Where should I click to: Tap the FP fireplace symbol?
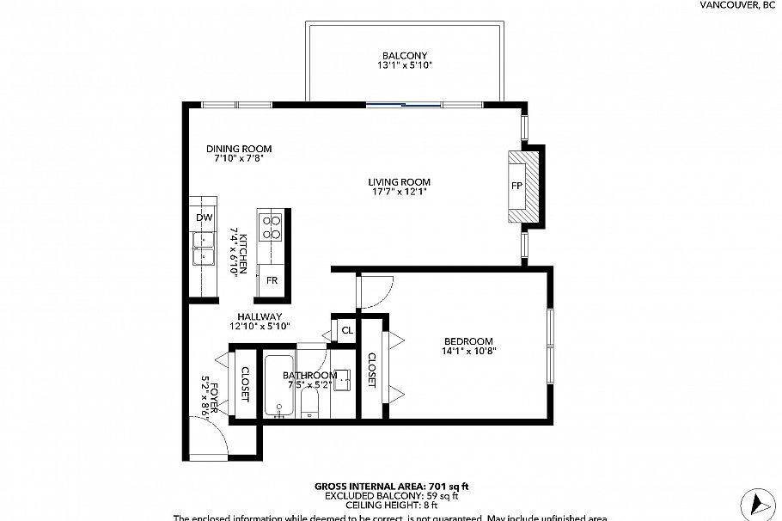tap(517, 187)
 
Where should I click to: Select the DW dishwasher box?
tap(204, 218)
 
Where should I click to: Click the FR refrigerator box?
tap(272, 280)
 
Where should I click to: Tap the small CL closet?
tap(346, 330)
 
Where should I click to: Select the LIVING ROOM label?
tap(399, 182)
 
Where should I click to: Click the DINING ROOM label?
tap(238, 149)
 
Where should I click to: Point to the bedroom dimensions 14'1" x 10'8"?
tap(469, 351)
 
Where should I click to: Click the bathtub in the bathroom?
tap(279, 387)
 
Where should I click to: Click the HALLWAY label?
tap(260, 316)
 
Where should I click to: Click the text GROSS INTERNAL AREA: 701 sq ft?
tap(391, 487)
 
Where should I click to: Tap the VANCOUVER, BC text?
tap(737, 5)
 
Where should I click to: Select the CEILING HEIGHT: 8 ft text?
tap(391, 506)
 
